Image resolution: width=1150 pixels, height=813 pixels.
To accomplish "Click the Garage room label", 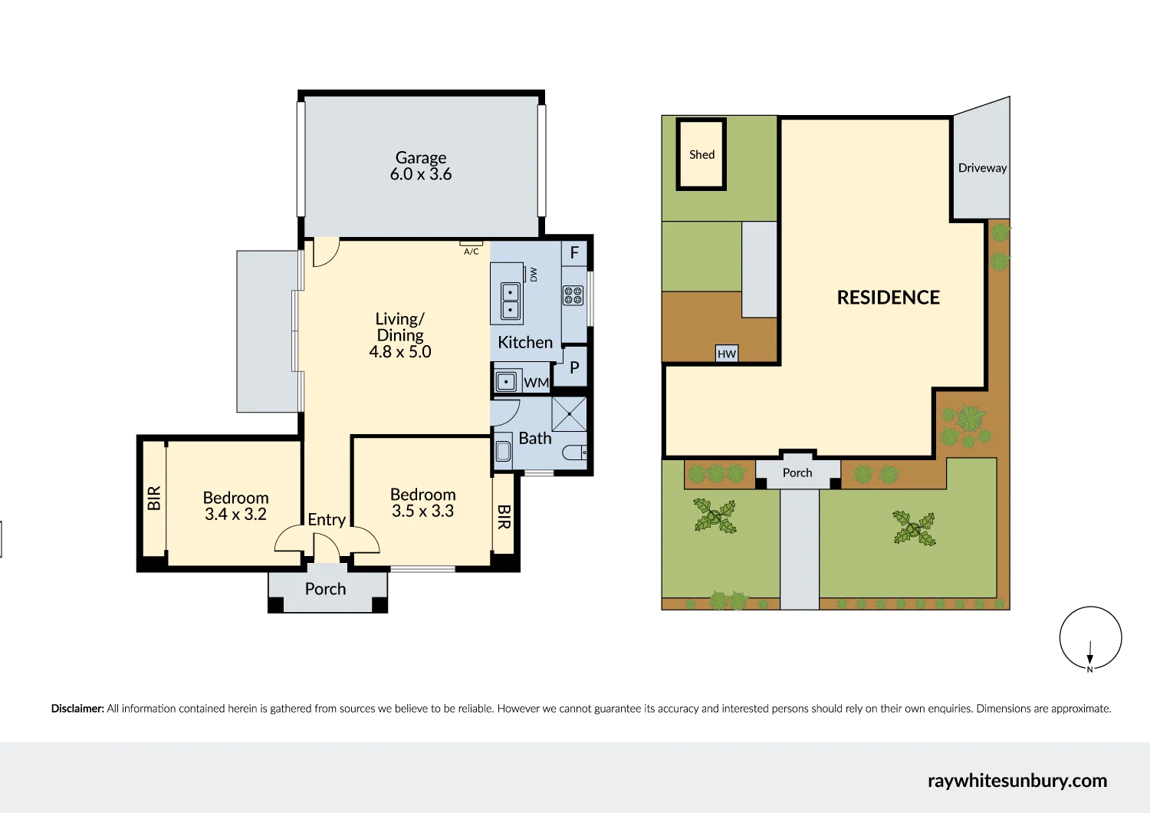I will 420,158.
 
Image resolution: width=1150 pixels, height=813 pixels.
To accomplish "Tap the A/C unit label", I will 471,252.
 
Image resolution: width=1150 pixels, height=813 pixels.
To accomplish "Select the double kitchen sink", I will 510,301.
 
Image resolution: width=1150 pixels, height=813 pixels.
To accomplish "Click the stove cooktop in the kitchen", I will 573,295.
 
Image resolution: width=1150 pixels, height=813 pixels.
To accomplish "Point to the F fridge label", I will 574,253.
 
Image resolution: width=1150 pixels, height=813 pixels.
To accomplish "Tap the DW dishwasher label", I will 534,274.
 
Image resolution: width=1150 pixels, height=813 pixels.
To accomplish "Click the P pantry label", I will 574,368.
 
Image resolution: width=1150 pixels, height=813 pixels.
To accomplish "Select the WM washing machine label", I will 536,383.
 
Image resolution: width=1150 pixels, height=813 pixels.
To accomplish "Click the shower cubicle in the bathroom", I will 569,414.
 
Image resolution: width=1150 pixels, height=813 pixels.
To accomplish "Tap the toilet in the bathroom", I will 576,453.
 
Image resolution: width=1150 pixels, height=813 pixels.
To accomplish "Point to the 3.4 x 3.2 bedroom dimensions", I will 235,515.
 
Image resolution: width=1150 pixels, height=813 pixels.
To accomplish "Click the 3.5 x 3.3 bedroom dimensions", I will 422,512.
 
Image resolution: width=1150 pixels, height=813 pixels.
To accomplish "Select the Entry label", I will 327,520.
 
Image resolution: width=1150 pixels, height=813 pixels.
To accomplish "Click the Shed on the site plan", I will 701,155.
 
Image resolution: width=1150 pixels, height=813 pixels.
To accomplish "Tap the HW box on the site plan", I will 726,354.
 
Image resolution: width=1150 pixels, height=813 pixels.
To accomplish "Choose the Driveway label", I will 982,168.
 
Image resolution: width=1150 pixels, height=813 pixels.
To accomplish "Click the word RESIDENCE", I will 888,298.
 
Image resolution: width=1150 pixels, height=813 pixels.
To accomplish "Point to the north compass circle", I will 1090,638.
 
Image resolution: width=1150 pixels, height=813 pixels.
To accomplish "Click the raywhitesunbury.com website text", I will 1017,781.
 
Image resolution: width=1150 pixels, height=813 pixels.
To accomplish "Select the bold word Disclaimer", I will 77,709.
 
